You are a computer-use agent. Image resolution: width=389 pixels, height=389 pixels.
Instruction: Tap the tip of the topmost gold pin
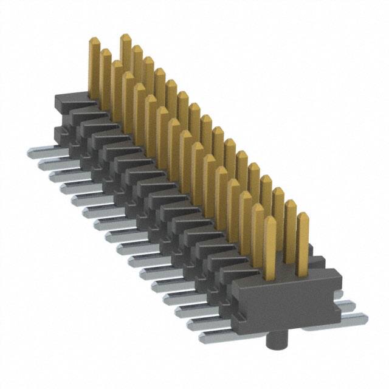125,38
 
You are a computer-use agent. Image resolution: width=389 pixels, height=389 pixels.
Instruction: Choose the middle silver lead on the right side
347,306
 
